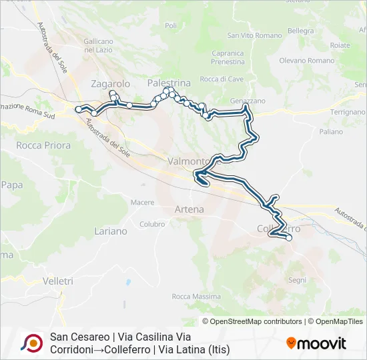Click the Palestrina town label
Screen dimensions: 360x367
[x=169, y=83]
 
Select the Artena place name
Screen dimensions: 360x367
[x=189, y=209]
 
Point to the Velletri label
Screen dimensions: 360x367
[x=57, y=281]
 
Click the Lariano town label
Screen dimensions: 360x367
[x=111, y=231]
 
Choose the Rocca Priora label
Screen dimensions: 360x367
[x=39, y=145]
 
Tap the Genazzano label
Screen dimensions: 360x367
[x=248, y=101]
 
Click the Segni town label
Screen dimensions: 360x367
[x=297, y=280]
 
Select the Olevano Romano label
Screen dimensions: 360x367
[x=306, y=61]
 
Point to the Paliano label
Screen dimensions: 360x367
[x=331, y=132]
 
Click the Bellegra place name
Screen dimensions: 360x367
[x=301, y=31]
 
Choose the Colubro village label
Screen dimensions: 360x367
[x=152, y=225]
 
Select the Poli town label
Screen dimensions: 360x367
[x=171, y=25]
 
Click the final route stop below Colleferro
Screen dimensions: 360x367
[x=289, y=237]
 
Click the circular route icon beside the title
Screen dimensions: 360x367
[x=31, y=343]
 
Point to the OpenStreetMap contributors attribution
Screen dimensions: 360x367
[x=254, y=321]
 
